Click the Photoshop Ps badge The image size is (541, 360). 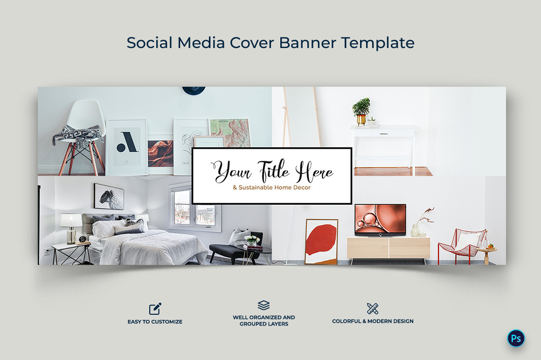[516, 339]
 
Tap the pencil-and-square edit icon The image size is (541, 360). [155, 309]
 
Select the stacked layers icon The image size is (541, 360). [264, 305]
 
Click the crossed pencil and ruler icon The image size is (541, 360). [372, 308]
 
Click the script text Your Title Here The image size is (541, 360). [273, 172]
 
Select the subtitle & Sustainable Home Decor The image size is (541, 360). [272, 187]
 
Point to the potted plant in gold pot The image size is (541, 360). [361, 111]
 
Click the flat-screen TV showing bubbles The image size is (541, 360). [380, 219]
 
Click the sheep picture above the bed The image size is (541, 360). [109, 196]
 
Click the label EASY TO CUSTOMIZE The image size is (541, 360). [155, 322]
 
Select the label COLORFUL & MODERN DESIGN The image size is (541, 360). [373, 321]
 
